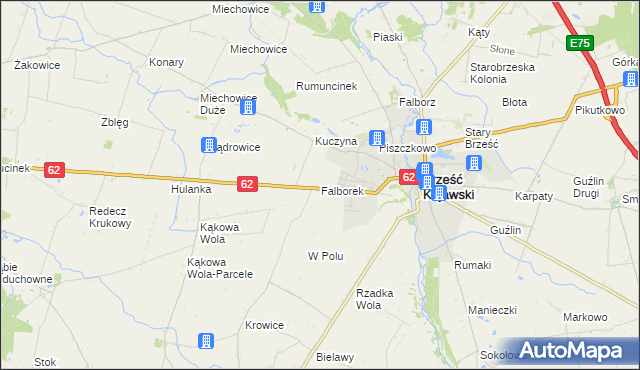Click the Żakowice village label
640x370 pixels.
tap(38, 65)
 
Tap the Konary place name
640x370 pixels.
tap(166, 62)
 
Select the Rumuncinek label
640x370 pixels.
tap(325, 86)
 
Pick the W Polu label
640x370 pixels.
tap(326, 256)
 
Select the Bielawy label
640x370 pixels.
tap(335, 357)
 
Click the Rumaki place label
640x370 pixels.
tap(472, 265)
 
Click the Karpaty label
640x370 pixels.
tap(534, 196)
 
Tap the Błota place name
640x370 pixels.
tap(515, 102)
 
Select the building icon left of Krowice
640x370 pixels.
tap(206, 342)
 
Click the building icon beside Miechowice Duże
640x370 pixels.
tap(249, 109)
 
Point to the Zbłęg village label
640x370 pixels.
tap(114, 123)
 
